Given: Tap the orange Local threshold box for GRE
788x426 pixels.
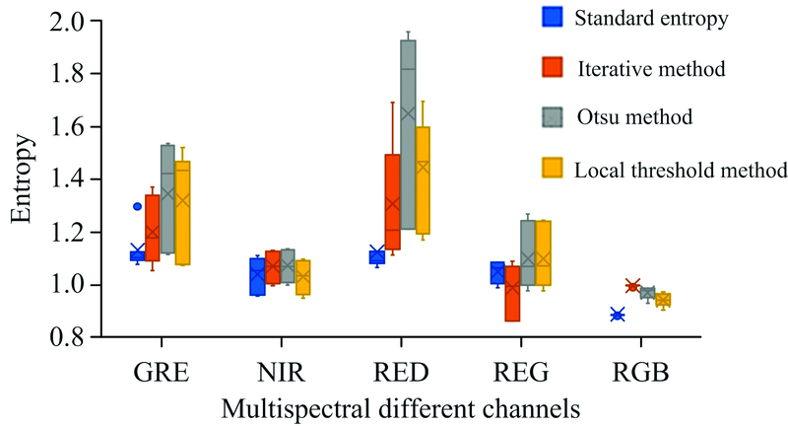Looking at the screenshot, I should click(182, 213).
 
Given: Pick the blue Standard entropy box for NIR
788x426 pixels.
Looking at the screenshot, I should click(257, 276).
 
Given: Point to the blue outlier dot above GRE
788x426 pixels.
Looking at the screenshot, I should click(138, 207).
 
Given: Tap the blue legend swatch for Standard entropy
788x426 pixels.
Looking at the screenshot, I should click(553, 18).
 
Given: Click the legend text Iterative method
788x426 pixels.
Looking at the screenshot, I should click(651, 69).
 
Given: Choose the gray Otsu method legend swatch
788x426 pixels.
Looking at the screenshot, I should click(553, 116).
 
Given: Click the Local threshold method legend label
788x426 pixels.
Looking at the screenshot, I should click(682, 168).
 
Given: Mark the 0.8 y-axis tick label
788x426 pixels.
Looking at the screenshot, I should click(60, 338).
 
